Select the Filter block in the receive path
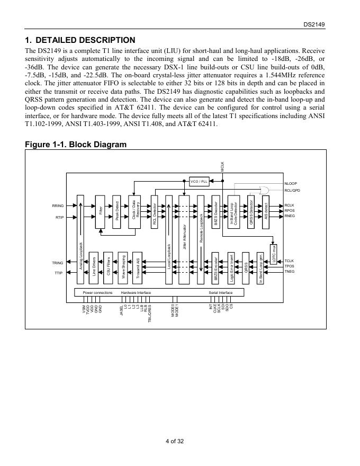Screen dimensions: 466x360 click(101, 212)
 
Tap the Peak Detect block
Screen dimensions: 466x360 click(117, 212)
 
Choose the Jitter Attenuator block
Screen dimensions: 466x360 click(184, 233)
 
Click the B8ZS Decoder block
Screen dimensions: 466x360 click(215, 212)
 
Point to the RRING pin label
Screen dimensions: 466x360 click(58, 205)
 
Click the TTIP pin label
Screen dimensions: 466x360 click(58, 273)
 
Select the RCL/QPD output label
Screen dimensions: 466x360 click(292, 190)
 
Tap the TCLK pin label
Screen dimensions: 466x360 click(289, 261)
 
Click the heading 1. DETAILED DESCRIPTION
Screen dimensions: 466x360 click(80, 40)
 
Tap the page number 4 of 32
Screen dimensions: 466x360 click(175, 441)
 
